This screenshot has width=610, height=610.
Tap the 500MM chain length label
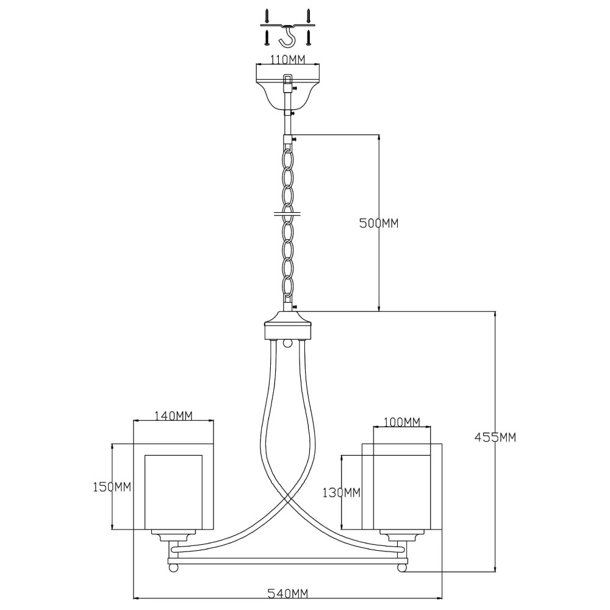click(x=379, y=223)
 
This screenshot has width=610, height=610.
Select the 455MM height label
click(x=495, y=437)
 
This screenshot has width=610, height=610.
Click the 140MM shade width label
click(x=173, y=416)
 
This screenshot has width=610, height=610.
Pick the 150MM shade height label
click(x=112, y=487)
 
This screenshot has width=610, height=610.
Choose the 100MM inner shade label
click(x=402, y=422)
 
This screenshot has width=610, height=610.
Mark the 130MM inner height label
click(x=341, y=493)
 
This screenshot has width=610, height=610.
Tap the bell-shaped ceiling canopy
click(x=287, y=92)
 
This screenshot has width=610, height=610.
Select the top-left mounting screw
click(x=267, y=15)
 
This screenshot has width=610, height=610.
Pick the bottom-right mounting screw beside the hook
click(x=308, y=38)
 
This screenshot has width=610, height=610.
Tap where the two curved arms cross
click(x=287, y=498)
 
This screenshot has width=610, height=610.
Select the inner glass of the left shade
click(x=173, y=492)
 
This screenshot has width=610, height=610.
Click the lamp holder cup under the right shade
click(x=402, y=536)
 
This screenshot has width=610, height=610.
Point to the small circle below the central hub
click(x=287, y=343)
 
